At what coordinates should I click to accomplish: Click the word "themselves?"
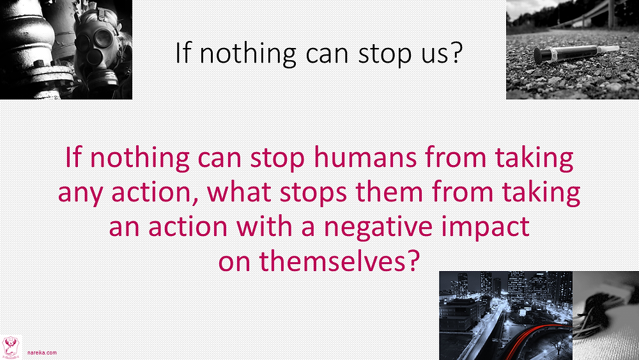click(x=339, y=261)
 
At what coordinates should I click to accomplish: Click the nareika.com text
click(x=42, y=353)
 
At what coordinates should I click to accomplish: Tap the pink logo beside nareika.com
click(x=11, y=347)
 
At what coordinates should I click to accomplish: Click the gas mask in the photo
click(x=98, y=51)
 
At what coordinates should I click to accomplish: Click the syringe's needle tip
click(x=619, y=48)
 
